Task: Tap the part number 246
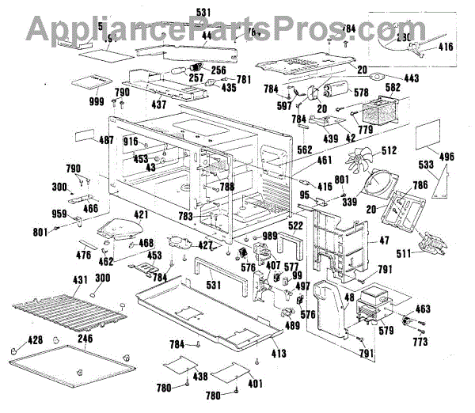[x=85, y=339]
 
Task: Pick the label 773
[x=420, y=342]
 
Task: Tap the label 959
[x=59, y=214]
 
